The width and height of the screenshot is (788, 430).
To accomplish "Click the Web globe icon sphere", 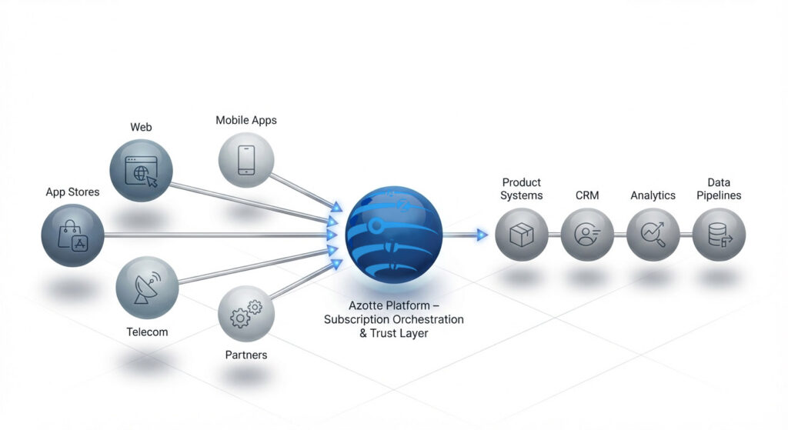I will click(x=142, y=171).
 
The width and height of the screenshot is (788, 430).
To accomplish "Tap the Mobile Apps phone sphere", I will click(x=246, y=159).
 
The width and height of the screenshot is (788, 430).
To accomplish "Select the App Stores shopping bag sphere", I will click(x=72, y=235).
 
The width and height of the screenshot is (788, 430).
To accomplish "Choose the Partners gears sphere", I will click(x=245, y=313).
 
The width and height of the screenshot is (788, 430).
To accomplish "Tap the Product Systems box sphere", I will click(x=522, y=235).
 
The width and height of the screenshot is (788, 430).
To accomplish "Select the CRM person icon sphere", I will click(x=587, y=235).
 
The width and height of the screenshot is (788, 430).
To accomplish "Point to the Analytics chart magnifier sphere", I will click(x=653, y=235).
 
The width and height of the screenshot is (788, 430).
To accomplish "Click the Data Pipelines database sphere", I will click(x=719, y=235).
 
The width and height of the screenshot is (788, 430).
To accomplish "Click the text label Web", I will click(x=142, y=126).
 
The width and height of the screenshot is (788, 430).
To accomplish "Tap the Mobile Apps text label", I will click(x=246, y=120).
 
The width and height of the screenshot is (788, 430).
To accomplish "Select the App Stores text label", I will click(x=72, y=192).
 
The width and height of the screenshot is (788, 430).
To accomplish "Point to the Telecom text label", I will click(x=147, y=332).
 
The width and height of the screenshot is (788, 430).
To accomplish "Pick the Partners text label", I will click(x=246, y=355).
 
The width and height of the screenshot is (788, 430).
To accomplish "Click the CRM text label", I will click(x=587, y=195).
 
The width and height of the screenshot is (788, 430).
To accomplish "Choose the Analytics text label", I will click(x=653, y=195).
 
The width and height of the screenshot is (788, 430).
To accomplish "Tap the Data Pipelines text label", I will click(x=719, y=189).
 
